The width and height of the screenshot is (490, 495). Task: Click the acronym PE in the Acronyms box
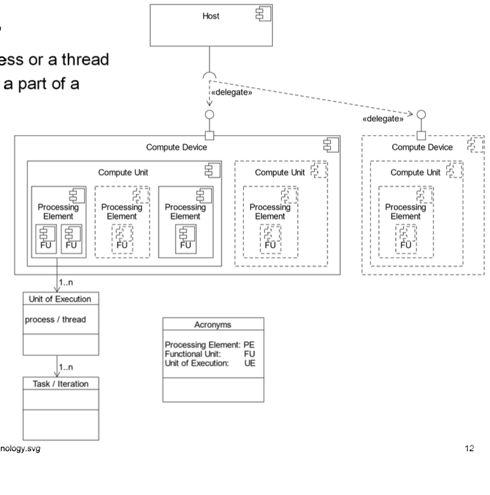[x=255, y=345]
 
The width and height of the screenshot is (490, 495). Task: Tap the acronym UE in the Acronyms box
[x=255, y=362]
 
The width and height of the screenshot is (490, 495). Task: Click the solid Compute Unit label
[x=124, y=172]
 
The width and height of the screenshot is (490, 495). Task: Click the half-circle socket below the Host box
[x=210, y=77]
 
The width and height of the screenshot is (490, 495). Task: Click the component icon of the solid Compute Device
[x=329, y=146]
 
